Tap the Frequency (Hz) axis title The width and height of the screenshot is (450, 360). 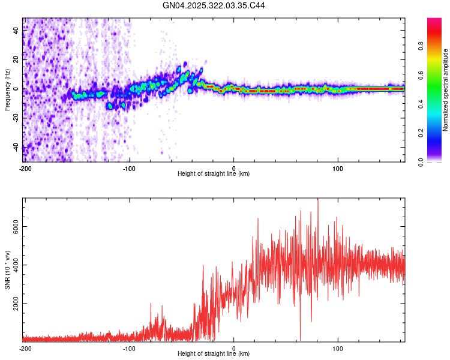click(7, 90)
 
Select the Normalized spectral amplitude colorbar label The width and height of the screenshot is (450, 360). click(445, 90)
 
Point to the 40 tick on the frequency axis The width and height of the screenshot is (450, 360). click(16, 31)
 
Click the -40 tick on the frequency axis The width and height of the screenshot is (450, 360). click(16, 146)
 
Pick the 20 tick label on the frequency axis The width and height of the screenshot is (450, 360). click(16, 60)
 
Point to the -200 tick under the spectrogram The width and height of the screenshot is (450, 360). click(25, 167)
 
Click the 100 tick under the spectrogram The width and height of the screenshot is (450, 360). click(338, 167)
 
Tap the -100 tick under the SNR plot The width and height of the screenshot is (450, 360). click(130, 348)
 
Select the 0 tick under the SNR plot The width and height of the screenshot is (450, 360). click(234, 348)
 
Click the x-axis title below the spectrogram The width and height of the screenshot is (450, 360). click(214, 173)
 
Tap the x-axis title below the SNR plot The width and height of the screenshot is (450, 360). click(214, 354)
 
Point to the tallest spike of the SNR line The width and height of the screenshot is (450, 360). click(318, 200)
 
